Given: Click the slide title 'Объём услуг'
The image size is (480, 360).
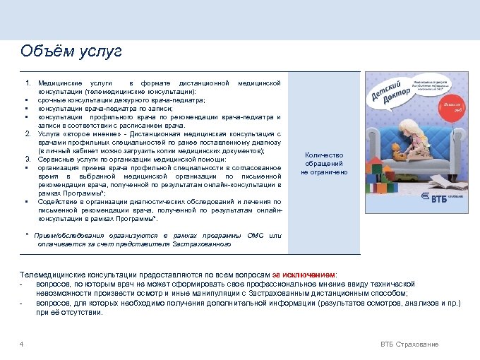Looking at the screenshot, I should pyautogui.click(x=71, y=52).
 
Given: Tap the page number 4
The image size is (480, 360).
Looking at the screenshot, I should pyautogui.click(x=22, y=344).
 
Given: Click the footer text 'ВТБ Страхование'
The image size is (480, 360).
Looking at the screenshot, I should pyautogui.click(x=409, y=344).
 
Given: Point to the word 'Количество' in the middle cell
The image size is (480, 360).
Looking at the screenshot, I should pyautogui.click(x=324, y=155).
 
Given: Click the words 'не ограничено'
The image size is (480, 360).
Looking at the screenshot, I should pyautogui.click(x=324, y=172).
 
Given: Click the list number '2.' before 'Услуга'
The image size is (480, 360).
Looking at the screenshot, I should pyautogui.click(x=27, y=133).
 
